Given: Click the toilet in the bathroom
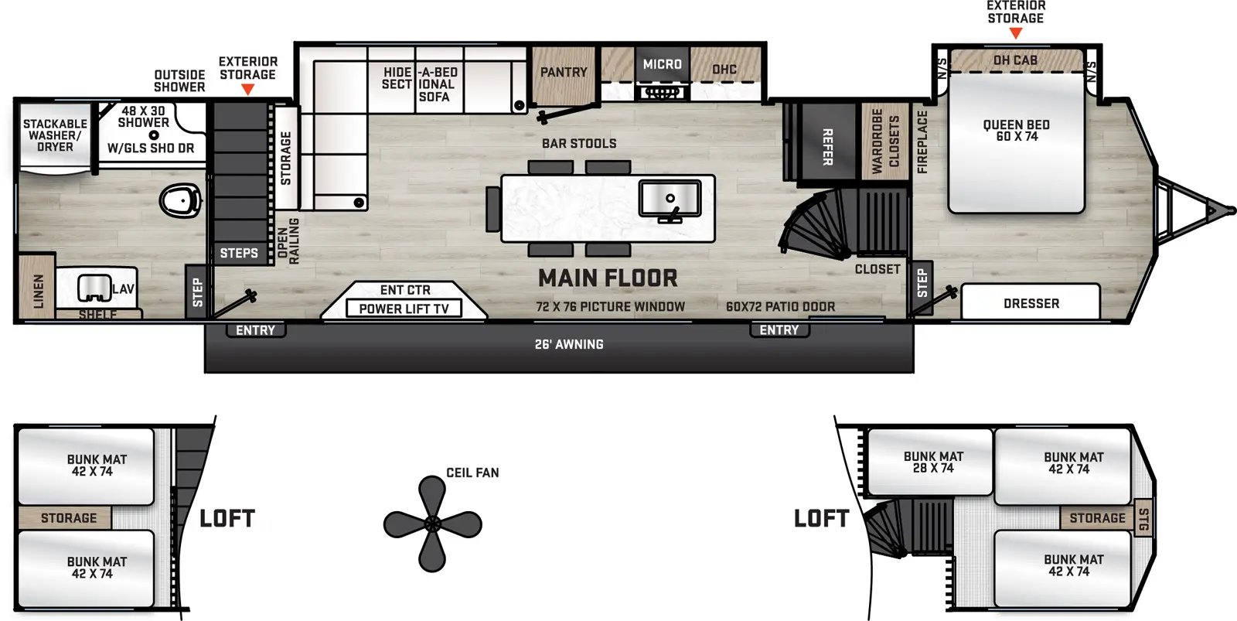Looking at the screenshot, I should [180, 200].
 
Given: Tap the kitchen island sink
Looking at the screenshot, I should [670, 198].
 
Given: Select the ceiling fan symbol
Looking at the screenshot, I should [432, 524].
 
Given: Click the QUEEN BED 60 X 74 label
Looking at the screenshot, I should [1016, 131].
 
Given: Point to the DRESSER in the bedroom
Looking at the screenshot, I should [1031, 303].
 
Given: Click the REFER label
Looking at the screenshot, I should [827, 147].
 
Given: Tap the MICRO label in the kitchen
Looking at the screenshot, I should [663, 65].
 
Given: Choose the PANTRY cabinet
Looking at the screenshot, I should [564, 74].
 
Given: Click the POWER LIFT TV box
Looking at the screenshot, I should [404, 309].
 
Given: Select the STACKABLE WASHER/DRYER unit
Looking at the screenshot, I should [55, 135].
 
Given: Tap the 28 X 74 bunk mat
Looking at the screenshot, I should [932, 462].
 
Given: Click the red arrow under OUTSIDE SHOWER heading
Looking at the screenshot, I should [247, 90].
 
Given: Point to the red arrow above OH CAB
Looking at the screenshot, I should [1016, 33].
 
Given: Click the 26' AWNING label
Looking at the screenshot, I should [569, 344].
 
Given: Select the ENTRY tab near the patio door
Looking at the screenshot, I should [779, 330].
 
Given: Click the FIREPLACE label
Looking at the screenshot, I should [922, 142].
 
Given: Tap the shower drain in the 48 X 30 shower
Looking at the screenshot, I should [154, 135].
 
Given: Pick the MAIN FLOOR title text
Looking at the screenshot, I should [608, 278].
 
